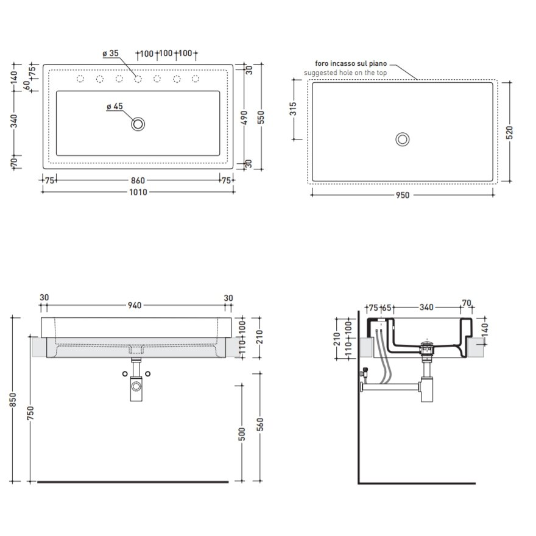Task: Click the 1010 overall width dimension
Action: [x=138, y=192]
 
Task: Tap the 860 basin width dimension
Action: [x=138, y=180]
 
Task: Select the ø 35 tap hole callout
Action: [x=110, y=54]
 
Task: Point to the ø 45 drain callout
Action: [x=115, y=107]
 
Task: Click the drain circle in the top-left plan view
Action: [x=138, y=124]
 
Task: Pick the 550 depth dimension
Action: [x=261, y=117]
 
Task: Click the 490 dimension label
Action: [x=244, y=117]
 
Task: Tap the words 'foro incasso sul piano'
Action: [x=351, y=63]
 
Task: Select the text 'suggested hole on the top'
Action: [x=345, y=73]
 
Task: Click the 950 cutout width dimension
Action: [x=403, y=195]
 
